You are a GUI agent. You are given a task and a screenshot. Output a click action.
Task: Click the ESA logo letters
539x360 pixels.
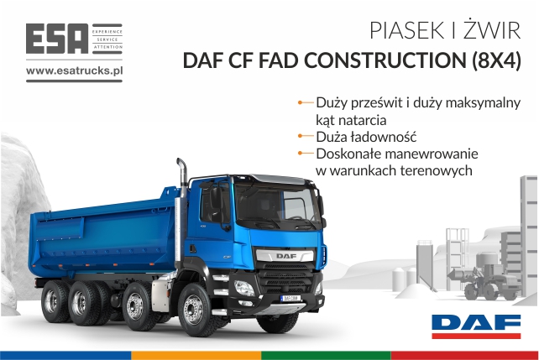pyautogui.click(x=57, y=39)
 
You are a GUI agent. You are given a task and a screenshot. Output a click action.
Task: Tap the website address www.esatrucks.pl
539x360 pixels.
pyautogui.click(x=74, y=70)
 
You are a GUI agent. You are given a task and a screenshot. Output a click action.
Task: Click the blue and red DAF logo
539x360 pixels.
pyautogui.click(x=476, y=326)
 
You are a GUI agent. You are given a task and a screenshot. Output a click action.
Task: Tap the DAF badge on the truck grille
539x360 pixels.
pyautogui.click(x=286, y=256)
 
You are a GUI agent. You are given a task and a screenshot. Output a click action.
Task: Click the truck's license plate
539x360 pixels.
pyautogui.click(x=290, y=298)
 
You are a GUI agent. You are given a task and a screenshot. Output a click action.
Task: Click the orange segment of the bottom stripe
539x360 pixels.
pyautogui.click(x=196, y=355)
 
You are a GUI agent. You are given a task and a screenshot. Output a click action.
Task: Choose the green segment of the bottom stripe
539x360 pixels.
pyautogui.click(x=326, y=355)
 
